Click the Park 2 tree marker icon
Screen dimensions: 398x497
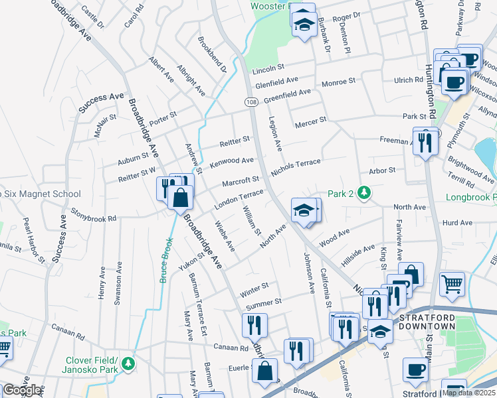point(363,193)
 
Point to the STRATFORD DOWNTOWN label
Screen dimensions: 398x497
point(427,322)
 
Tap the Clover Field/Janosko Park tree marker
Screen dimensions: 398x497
point(128,364)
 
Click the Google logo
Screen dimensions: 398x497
point(21,390)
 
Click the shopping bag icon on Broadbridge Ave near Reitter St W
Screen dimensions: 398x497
point(179,196)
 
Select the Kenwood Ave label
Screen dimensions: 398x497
point(231,162)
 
